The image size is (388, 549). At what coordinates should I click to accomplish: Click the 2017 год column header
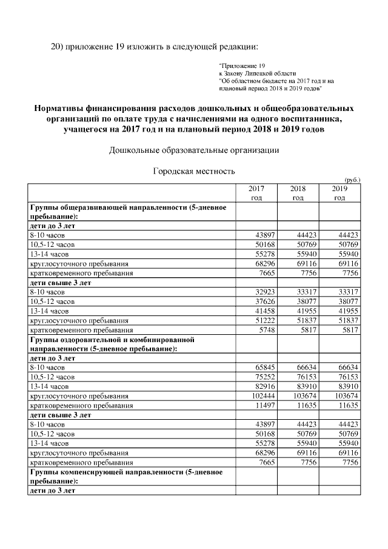coord(256,193)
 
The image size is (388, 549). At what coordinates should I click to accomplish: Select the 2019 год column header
coord(339,193)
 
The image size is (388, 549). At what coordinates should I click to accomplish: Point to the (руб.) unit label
coord(352,180)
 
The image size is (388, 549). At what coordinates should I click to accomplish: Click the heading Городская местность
coord(193,171)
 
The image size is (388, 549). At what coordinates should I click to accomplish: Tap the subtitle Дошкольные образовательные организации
coord(193,150)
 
